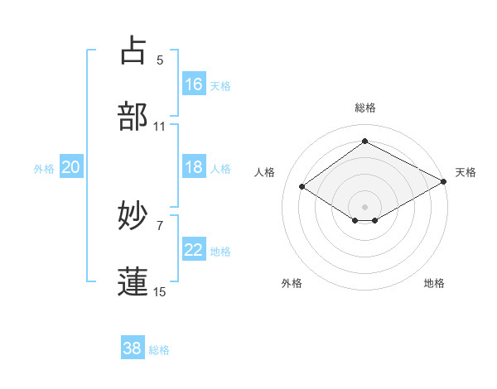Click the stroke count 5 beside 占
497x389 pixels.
(x=160, y=60)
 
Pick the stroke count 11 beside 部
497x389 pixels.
(x=160, y=127)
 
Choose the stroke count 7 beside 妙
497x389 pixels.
(x=160, y=225)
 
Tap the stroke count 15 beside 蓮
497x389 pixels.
(x=160, y=291)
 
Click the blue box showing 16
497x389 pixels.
(x=194, y=84)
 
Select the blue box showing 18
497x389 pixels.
(x=194, y=167)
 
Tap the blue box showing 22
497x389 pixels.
(x=194, y=250)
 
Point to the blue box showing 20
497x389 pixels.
(x=71, y=167)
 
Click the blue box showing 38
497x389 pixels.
(x=133, y=348)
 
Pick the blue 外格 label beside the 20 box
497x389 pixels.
(x=44, y=169)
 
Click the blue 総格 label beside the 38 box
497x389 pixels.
(x=159, y=350)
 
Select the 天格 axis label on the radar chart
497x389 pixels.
(x=466, y=172)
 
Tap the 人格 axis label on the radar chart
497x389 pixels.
(x=265, y=172)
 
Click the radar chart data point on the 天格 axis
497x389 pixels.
(x=445, y=183)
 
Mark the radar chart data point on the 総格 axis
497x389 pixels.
(x=364, y=142)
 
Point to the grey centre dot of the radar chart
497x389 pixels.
(x=364, y=206)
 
